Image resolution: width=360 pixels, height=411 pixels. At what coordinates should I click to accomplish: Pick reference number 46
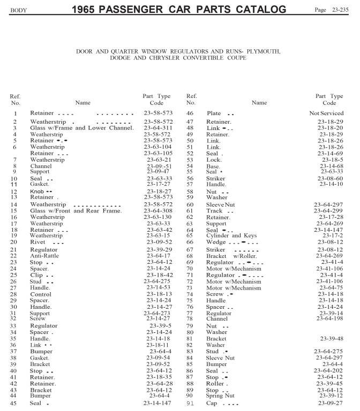click(190, 113)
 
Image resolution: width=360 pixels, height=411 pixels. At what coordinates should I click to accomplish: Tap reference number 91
click(190, 403)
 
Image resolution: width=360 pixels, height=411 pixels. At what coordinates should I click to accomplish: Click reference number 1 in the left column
click(16, 113)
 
